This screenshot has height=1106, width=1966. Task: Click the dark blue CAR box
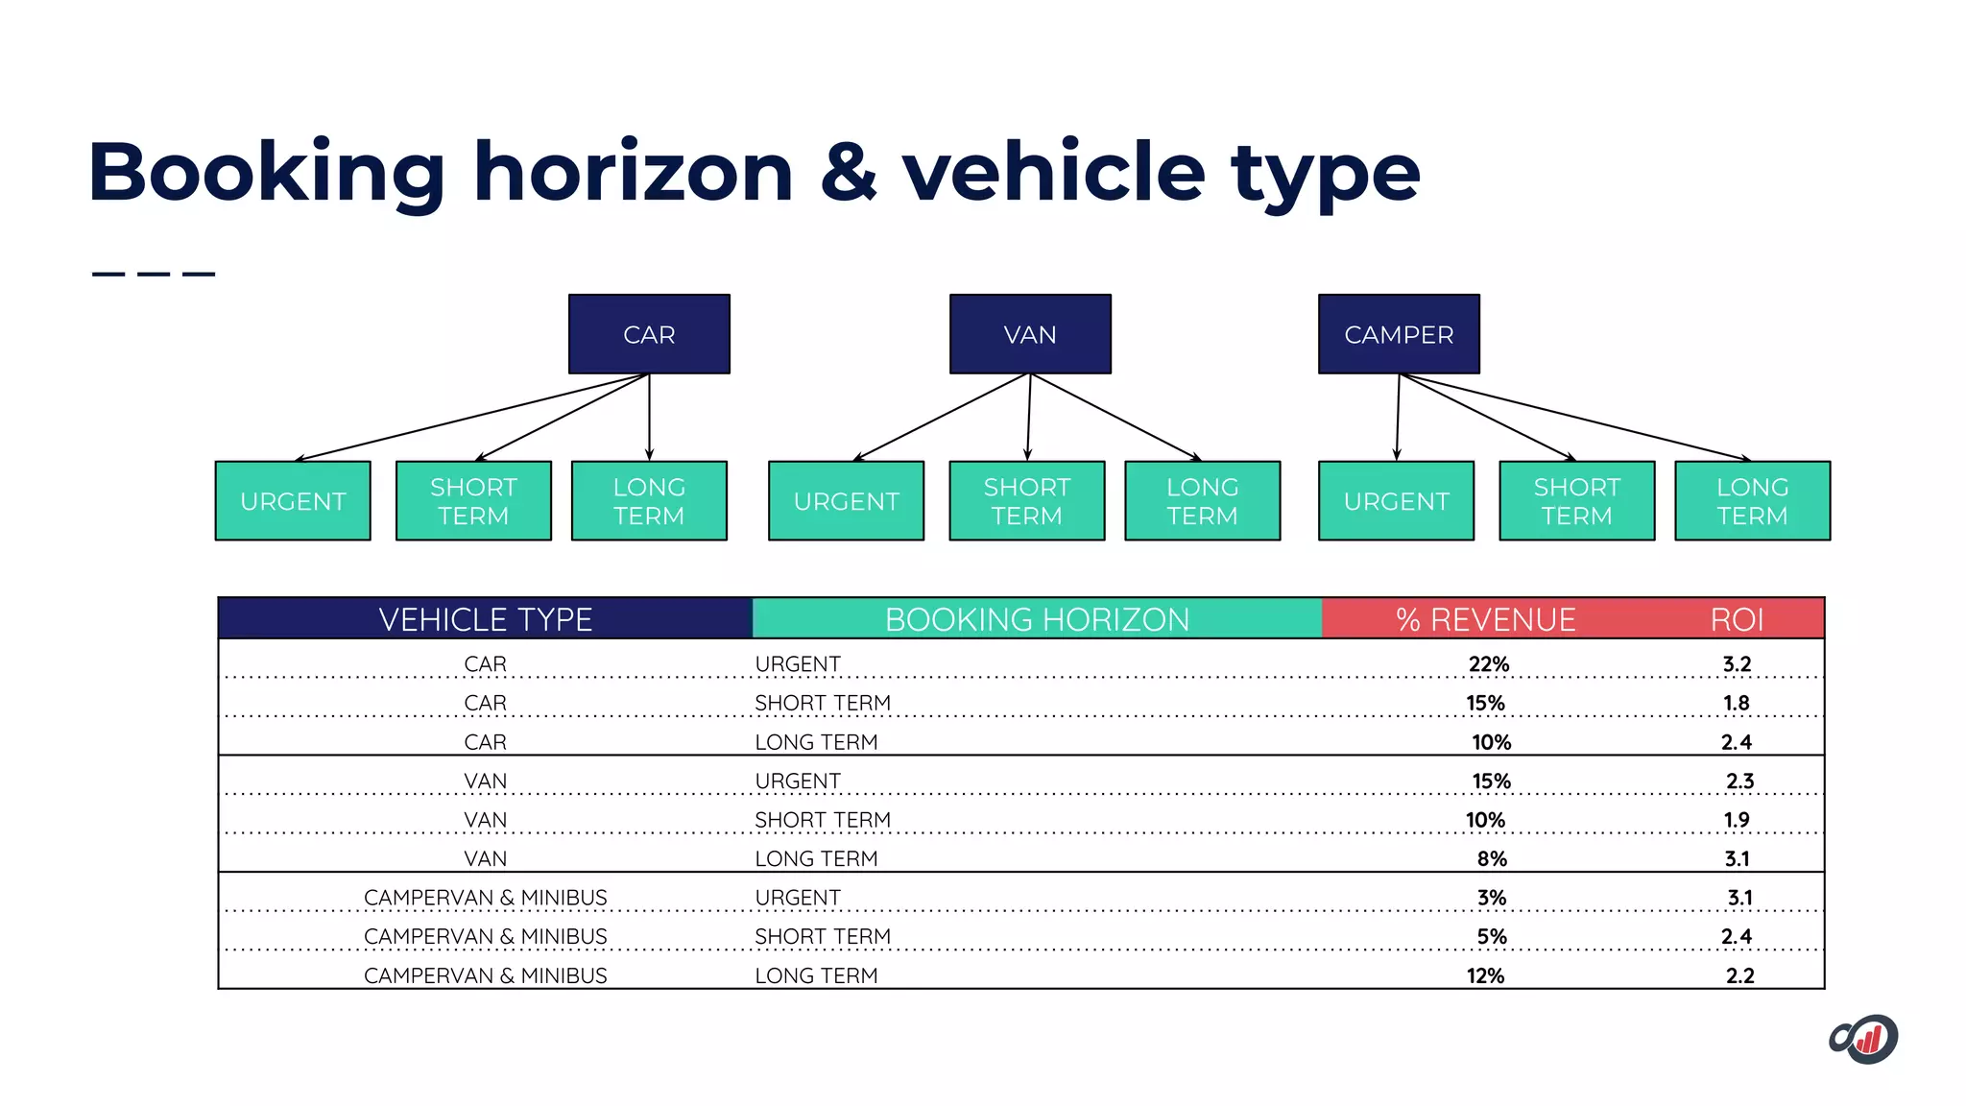649,334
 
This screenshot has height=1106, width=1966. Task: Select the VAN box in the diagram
1030,334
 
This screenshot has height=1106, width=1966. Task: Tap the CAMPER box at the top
1399,334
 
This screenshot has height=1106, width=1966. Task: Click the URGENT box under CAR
293,501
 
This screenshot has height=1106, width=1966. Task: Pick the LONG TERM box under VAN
1202,501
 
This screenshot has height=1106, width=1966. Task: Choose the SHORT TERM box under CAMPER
1576,501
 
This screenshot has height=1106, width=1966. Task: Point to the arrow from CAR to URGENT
470,418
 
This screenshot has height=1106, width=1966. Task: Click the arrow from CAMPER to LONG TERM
1574,417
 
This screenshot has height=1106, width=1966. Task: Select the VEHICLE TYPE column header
485,619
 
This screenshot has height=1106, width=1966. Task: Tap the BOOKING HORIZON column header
1037,619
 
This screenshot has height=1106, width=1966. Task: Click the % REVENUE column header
1485,619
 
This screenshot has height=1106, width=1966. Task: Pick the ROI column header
1737,619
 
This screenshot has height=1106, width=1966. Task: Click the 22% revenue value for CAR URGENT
1488,664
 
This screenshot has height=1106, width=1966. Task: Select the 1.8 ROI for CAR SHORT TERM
1736,703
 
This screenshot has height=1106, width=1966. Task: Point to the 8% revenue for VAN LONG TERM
1492,858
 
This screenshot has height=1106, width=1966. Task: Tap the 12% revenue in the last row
1485,975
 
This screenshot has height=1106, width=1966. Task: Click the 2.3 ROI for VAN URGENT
1739,781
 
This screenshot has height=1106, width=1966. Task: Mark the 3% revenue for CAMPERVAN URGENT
1492,898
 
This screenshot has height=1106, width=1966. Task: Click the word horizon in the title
634,173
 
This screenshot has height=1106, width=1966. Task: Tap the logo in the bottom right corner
1864,1039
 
